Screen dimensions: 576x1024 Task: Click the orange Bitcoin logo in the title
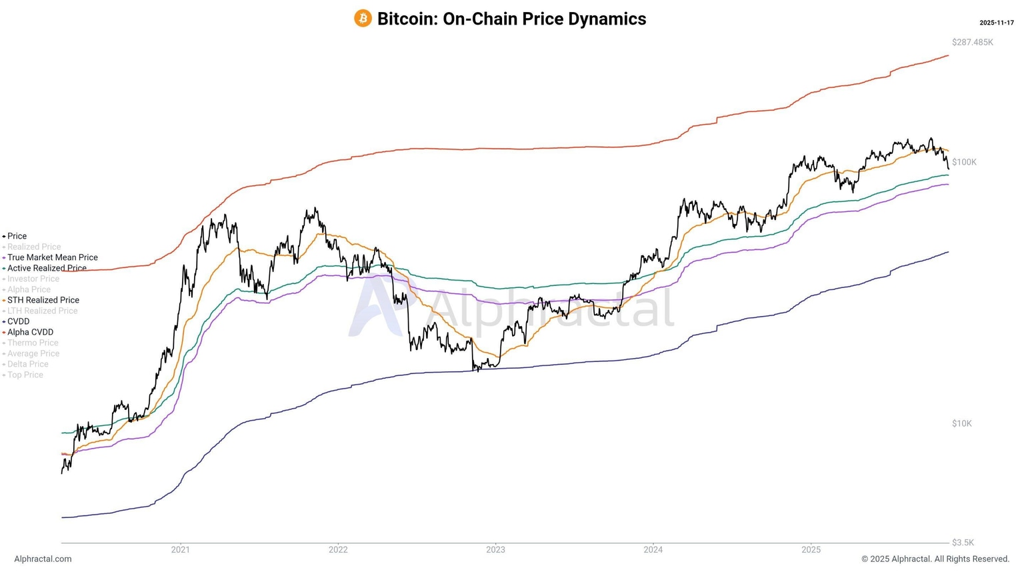click(363, 19)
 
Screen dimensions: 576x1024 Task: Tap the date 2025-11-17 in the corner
click(996, 23)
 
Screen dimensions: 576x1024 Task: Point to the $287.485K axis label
click(972, 42)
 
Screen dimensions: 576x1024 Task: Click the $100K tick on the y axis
click(964, 162)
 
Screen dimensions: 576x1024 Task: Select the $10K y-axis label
click(961, 423)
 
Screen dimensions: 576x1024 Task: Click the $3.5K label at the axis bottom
click(963, 543)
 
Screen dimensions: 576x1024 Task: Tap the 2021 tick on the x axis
click(180, 550)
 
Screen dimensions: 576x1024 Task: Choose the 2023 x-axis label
click(495, 550)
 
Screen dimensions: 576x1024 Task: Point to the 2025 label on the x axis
click(811, 550)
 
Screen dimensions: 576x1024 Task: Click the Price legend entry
click(17, 236)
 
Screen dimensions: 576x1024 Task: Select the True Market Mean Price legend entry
click(52, 257)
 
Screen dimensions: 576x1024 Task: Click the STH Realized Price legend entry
click(43, 300)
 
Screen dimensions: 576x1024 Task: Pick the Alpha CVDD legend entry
click(30, 332)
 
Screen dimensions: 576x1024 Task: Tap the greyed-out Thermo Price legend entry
click(33, 343)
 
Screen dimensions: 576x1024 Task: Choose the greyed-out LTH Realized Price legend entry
click(42, 311)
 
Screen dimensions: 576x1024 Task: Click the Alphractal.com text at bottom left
click(43, 559)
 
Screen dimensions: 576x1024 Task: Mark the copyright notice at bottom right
click(935, 559)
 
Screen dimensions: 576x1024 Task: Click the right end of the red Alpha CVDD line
click(947, 56)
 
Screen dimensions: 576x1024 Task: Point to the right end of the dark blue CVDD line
click(947, 252)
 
